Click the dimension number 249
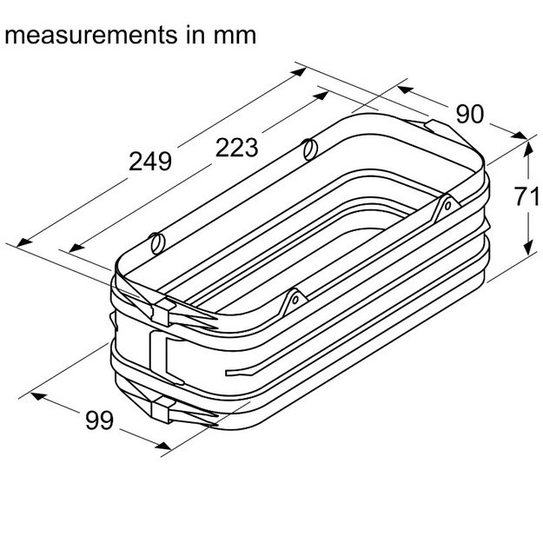pyautogui.click(x=150, y=161)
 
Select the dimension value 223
pyautogui.click(x=237, y=147)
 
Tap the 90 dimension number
pyautogui.click(x=469, y=115)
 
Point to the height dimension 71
pyautogui.click(x=526, y=196)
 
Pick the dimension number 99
pyautogui.click(x=99, y=420)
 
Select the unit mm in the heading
pyautogui.click(x=235, y=36)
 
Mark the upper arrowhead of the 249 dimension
pyautogui.click(x=299, y=72)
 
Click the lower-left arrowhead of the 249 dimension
pyautogui.click(x=24, y=242)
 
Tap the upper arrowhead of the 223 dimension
pyautogui.click(x=321, y=96)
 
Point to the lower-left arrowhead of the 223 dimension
pyautogui.click(x=76, y=248)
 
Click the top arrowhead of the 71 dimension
pyautogui.click(x=528, y=149)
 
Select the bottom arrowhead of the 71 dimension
pyautogui.click(x=528, y=248)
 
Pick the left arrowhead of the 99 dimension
pyautogui.click(x=39, y=396)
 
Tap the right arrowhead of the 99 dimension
pyautogui.click(x=163, y=445)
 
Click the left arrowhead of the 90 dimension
pyautogui.click(x=406, y=89)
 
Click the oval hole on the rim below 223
pyautogui.click(x=310, y=149)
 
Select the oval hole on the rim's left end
pyautogui.click(x=157, y=243)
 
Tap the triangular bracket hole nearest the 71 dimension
pyautogui.click(x=447, y=206)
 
